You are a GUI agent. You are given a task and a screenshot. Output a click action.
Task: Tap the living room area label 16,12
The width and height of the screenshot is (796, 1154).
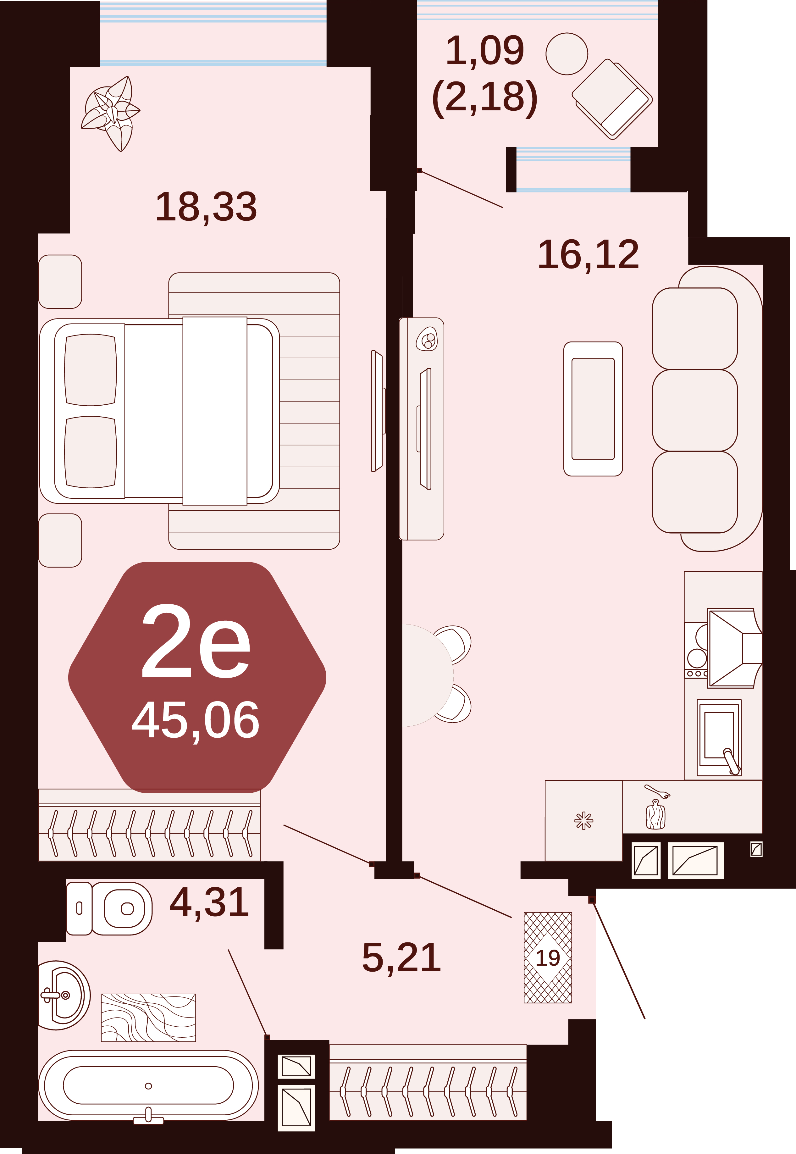(589, 255)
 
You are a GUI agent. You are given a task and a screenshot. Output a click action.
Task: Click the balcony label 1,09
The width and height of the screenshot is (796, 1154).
(485, 51)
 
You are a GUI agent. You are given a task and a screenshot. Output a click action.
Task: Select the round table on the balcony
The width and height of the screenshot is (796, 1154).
(567, 54)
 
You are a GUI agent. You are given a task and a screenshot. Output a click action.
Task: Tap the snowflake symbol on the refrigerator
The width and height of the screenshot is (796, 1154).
(583, 820)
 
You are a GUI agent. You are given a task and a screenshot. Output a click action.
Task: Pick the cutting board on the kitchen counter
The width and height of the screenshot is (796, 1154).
(656, 814)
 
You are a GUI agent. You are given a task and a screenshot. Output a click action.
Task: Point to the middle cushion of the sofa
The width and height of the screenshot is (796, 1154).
(695, 410)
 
